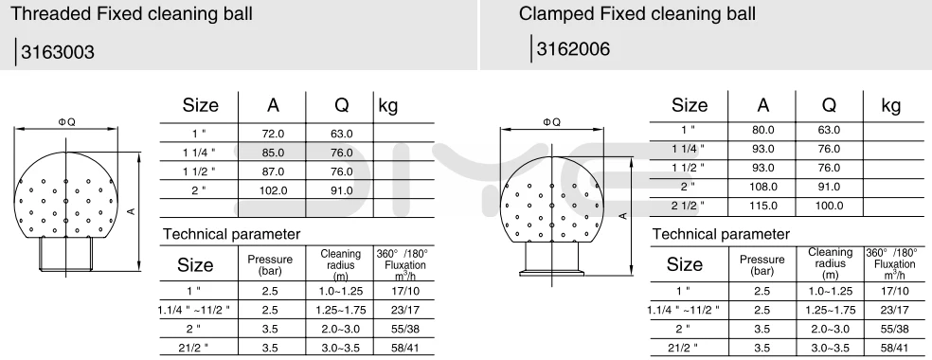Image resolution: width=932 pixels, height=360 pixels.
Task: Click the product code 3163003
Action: pos(58,52)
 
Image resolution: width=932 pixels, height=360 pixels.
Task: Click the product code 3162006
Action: pos(573,48)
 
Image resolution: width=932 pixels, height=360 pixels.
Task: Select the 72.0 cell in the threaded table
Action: pos(273,134)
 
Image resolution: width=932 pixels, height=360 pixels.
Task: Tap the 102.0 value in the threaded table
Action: pos(273,190)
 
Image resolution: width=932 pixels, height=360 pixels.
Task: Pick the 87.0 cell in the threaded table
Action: pos(273,171)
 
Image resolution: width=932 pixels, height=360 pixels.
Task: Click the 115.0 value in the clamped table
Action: pos(762,206)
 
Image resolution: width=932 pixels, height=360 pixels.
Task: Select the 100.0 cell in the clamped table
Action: pos(829,206)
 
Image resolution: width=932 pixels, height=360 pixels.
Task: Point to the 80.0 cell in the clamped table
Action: pos(762,130)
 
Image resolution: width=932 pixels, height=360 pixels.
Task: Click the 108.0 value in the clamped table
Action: pos(762,187)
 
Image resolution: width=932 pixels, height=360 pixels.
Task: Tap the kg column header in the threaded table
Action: pos(387,106)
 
